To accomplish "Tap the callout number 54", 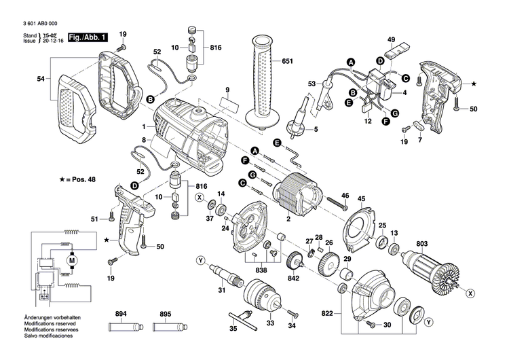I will click(x=40, y=79).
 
